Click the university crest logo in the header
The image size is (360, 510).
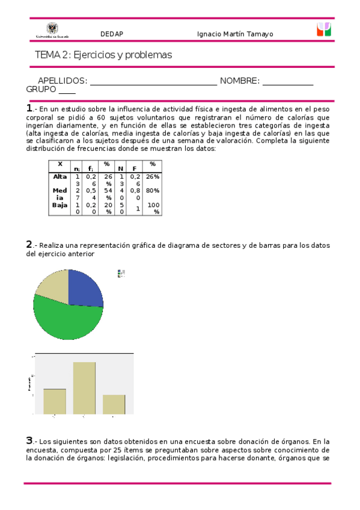[x=52, y=30]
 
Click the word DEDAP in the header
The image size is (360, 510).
[x=111, y=34]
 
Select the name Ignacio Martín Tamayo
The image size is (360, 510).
[x=235, y=34]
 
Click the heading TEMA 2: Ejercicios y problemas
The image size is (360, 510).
[x=103, y=55]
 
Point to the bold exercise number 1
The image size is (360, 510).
[x=29, y=108]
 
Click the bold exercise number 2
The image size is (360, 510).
[x=29, y=244]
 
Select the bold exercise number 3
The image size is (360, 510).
[x=29, y=440]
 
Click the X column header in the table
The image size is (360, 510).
[x=60, y=164]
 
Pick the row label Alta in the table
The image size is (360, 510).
[x=60, y=176]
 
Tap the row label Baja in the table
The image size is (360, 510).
[x=60, y=205]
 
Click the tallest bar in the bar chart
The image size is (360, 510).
[x=85, y=387]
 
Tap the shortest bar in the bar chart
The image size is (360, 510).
[x=114, y=404]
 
